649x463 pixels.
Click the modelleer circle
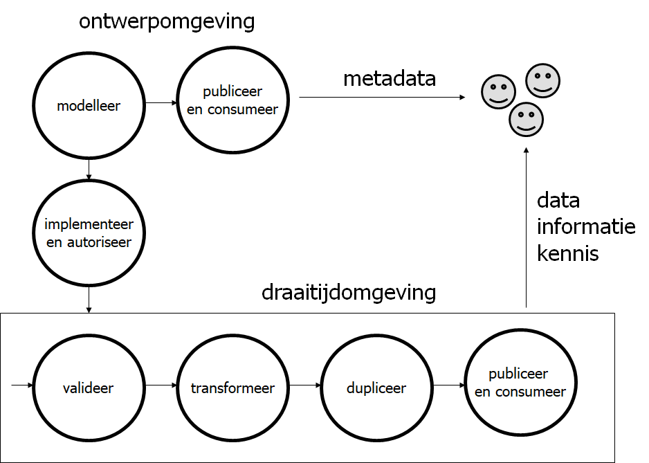click(x=89, y=106)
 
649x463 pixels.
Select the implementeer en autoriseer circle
click(x=89, y=233)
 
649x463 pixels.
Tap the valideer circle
click(x=89, y=388)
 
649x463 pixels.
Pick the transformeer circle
click(x=232, y=388)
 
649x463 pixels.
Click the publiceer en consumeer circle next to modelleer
click(x=232, y=101)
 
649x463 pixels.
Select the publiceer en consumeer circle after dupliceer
click(x=520, y=383)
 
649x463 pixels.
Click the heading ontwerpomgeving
click(x=167, y=21)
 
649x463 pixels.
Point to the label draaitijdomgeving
click(x=349, y=292)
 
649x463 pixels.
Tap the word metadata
click(x=390, y=78)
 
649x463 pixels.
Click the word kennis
click(x=567, y=253)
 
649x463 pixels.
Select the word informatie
click(x=586, y=227)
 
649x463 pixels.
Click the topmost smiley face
click(x=543, y=80)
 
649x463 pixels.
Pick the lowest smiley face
click(x=526, y=120)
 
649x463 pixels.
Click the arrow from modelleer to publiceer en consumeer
click(x=161, y=104)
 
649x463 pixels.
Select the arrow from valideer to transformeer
click(x=161, y=385)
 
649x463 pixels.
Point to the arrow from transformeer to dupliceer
click(x=304, y=385)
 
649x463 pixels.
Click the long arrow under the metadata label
click(x=381, y=98)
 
